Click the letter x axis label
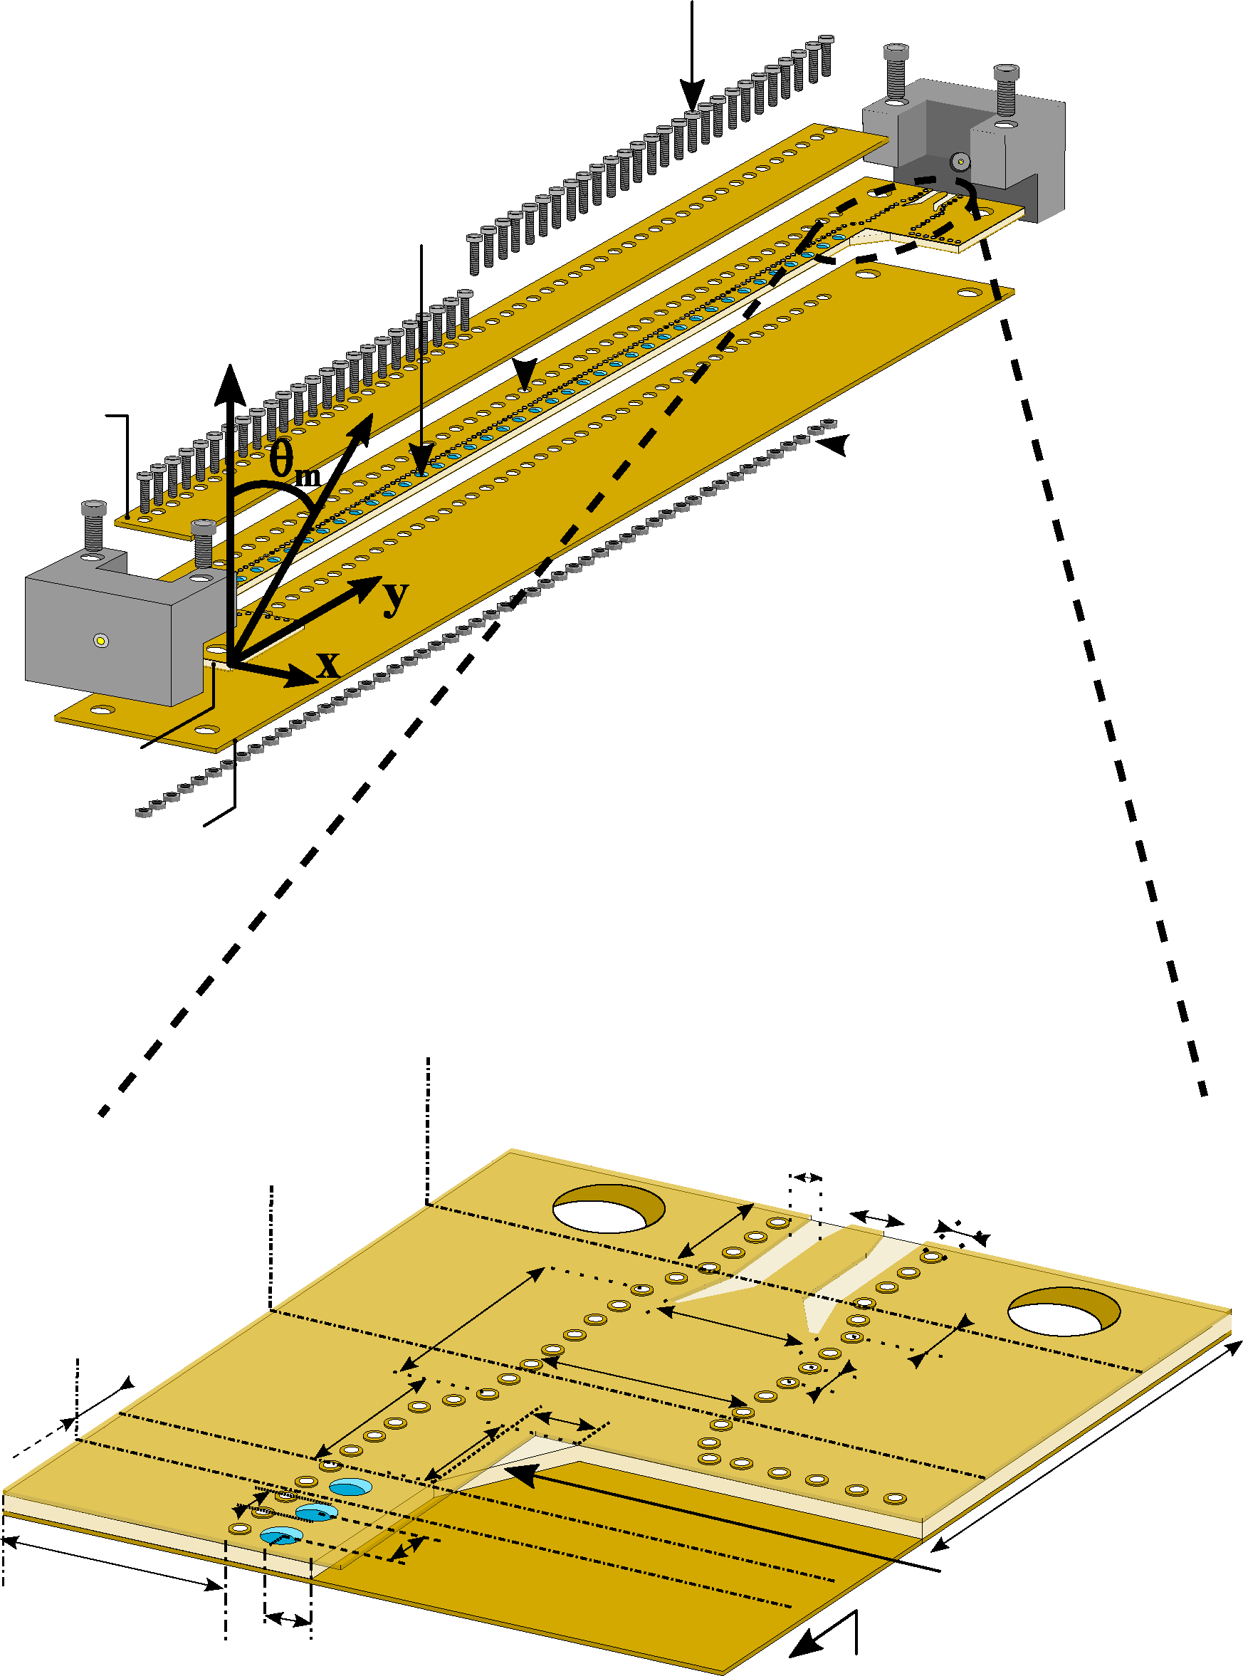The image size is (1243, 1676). (329, 664)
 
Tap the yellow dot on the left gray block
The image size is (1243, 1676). (101, 641)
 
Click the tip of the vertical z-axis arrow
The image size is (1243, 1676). (230, 369)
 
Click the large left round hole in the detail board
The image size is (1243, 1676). (608, 1209)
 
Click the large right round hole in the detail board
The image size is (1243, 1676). (1063, 1311)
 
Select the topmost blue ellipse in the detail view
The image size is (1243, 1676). (351, 1487)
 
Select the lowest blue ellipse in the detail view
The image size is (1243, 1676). (280, 1536)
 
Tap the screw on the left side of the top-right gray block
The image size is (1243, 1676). (896, 72)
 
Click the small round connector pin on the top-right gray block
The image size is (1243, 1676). (960, 161)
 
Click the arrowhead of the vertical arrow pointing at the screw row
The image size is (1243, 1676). (692, 105)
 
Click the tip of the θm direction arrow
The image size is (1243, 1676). (370, 417)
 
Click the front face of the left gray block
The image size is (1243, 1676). (98, 639)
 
